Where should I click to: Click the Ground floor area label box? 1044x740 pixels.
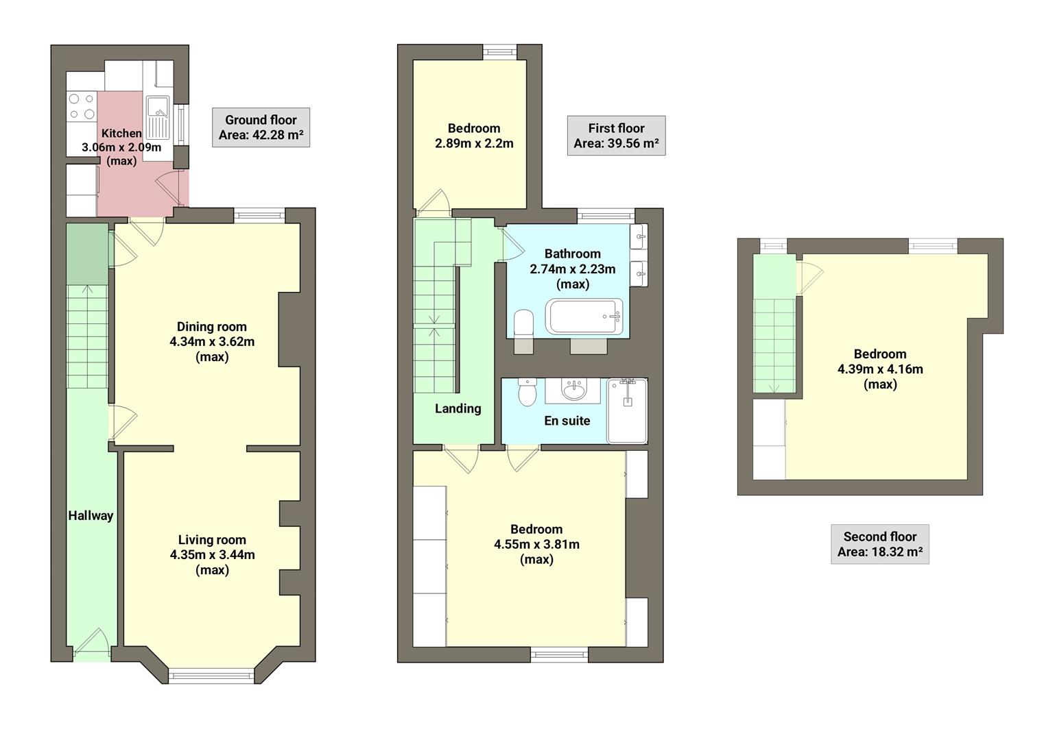click(x=261, y=127)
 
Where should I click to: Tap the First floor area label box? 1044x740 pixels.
click(x=616, y=136)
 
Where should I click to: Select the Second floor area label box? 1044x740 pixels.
click(x=879, y=544)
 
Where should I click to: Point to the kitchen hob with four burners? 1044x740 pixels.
click(x=82, y=107)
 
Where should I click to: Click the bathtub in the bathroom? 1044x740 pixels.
click(x=584, y=317)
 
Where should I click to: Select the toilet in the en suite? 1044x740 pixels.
click(x=527, y=393)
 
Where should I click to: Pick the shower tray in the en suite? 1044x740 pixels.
click(x=627, y=410)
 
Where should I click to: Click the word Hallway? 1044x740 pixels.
click(x=91, y=516)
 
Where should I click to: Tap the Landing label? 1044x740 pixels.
click(x=458, y=408)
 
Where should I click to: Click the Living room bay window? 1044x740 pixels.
click(x=211, y=676)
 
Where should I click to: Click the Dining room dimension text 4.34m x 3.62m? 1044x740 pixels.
click(x=212, y=341)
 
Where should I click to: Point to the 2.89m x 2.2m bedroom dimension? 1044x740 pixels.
click(x=474, y=143)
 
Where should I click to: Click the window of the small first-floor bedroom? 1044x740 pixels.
click(x=499, y=51)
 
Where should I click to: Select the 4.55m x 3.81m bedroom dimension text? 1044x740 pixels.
click(x=536, y=544)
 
